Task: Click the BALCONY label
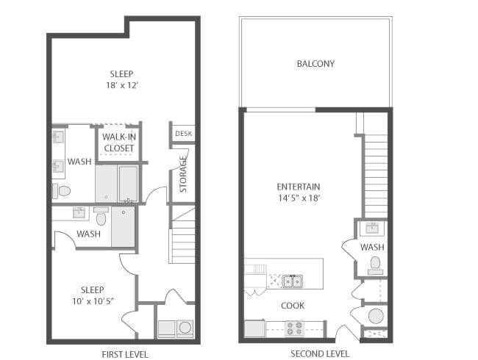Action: pos(315,64)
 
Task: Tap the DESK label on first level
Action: pos(184,134)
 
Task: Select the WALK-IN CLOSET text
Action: pos(119,143)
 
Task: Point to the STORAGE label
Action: pos(183,174)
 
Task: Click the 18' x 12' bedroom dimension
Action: pos(122,85)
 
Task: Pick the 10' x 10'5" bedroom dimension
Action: pos(93,301)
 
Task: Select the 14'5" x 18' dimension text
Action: pos(299,198)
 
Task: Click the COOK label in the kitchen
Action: pos(293,306)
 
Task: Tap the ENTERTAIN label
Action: pos(299,187)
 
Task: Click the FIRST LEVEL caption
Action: pos(125,355)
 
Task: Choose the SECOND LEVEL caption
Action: pos(320,354)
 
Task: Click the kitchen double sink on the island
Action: pos(293,281)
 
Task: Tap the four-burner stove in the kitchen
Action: pos(294,328)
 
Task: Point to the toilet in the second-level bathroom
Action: pos(375,265)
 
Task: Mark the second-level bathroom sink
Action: pos(372,228)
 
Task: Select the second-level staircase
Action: pos(376,176)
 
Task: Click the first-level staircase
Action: pos(182,234)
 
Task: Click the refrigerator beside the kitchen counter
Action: pos(255,328)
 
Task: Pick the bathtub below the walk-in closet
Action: pos(128,184)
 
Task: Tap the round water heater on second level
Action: pos(376,316)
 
